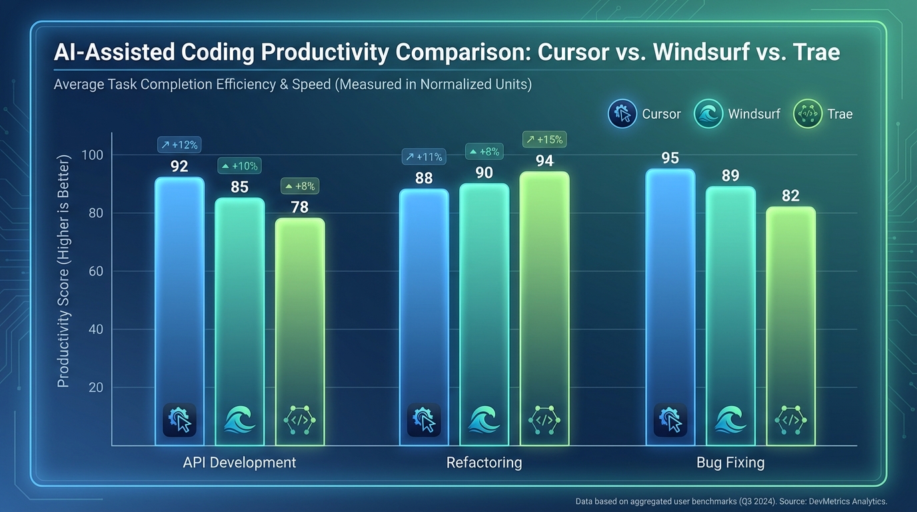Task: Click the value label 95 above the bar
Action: (x=670, y=158)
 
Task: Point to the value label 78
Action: (x=300, y=207)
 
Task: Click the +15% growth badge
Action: (x=544, y=139)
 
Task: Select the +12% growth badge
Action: (x=179, y=145)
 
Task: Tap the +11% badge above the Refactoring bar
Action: (x=423, y=157)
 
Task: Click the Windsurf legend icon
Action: (x=708, y=114)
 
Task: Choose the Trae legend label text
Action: (x=840, y=114)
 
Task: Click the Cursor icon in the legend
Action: (x=622, y=114)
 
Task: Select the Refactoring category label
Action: (x=484, y=463)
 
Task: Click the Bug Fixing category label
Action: (x=730, y=463)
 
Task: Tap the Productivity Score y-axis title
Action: (x=63, y=271)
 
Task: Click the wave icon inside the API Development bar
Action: (x=240, y=421)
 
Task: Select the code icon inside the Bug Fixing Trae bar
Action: (x=791, y=421)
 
